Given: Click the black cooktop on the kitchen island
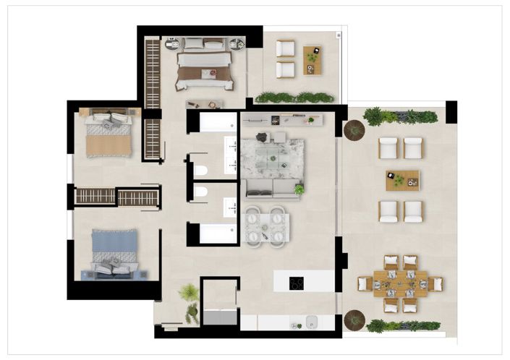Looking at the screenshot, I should point(296,283).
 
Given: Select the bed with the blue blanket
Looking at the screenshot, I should point(113,253).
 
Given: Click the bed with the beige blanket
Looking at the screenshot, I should point(109,133).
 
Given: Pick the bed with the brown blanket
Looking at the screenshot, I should point(204,64).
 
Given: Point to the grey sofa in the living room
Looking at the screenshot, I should point(269,189).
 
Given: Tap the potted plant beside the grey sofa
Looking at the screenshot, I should point(299,189).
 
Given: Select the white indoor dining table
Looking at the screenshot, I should point(265,226).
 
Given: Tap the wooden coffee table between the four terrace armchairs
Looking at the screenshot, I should point(402,179).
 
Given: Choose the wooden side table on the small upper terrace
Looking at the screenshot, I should point(312,59).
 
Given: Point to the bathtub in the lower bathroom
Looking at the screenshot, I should point(218,233).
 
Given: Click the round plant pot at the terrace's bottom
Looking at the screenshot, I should point(354,319).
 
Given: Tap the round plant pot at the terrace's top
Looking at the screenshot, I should point(354,129).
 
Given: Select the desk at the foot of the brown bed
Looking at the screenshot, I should point(205,103).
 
